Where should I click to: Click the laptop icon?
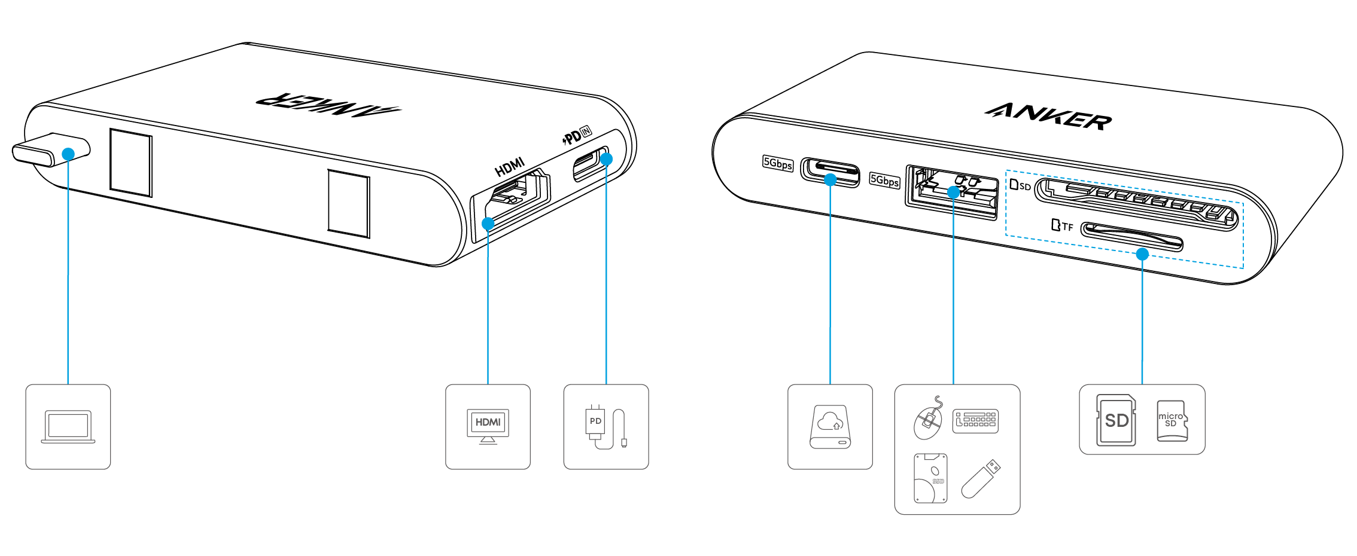pyautogui.click(x=68, y=427)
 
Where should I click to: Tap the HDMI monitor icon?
pyautogui.click(x=488, y=426)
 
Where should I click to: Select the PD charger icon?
pyautogui.click(x=606, y=427)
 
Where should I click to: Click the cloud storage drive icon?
pyautogui.click(x=830, y=427)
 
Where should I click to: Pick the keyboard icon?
pyautogui.click(x=975, y=421)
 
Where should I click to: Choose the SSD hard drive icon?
pyautogui.click(x=930, y=478)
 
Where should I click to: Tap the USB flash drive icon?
pyautogui.click(x=981, y=478)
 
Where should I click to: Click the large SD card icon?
pyautogui.click(x=1116, y=420)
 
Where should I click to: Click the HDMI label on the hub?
pyautogui.click(x=510, y=167)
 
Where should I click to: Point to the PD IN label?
pyautogui.click(x=577, y=137)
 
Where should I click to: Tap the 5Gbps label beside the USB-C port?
pyautogui.click(x=777, y=163)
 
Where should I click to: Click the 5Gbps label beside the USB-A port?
pyautogui.click(x=884, y=180)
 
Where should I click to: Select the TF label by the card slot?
pyautogui.click(x=1063, y=226)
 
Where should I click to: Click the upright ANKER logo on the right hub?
pyautogui.click(x=1048, y=116)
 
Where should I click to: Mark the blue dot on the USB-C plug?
pyautogui.click(x=69, y=154)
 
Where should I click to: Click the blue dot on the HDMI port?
pyautogui.click(x=488, y=224)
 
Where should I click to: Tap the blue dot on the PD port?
pyautogui.click(x=606, y=159)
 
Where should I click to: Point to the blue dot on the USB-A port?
pyautogui.click(x=954, y=193)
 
